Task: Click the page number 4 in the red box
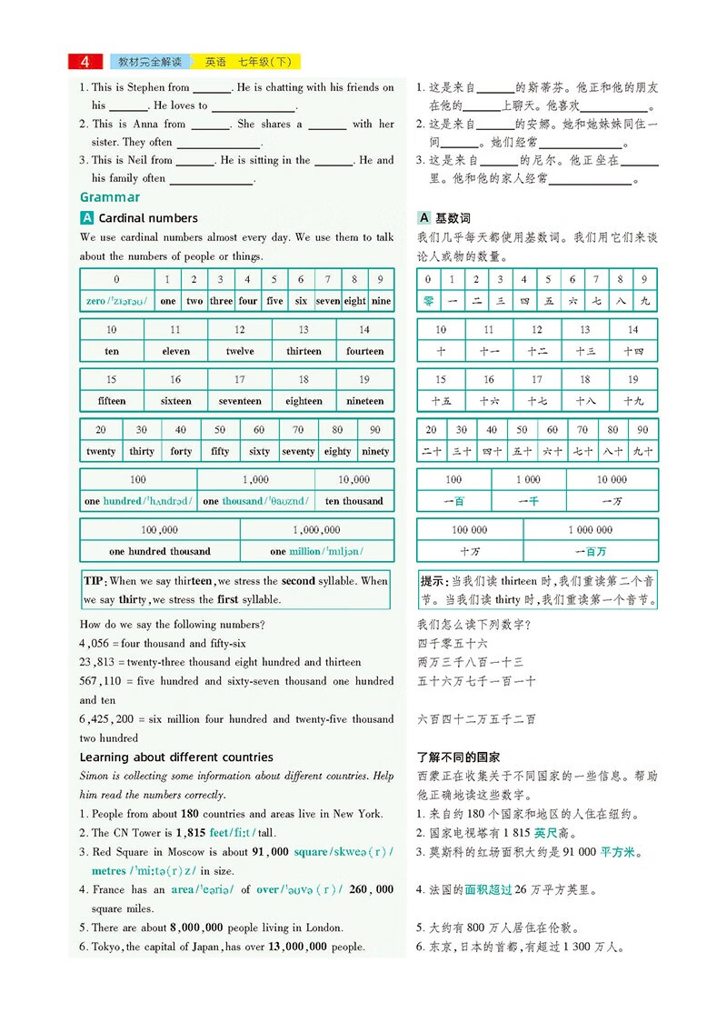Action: click(x=85, y=62)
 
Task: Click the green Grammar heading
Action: click(x=110, y=197)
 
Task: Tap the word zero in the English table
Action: click(x=95, y=301)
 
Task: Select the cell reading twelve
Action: click(x=239, y=351)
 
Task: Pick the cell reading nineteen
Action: click(x=364, y=401)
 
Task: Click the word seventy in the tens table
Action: click(x=298, y=451)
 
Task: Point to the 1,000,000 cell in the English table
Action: click(x=316, y=530)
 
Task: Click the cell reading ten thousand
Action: click(x=354, y=501)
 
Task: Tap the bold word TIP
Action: click(x=94, y=581)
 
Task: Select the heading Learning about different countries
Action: click(x=176, y=757)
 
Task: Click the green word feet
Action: click(x=219, y=833)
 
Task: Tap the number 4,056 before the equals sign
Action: click(x=95, y=644)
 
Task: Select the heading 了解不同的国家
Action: click(x=458, y=757)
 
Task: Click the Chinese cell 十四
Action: click(x=632, y=351)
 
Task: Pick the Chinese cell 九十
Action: click(x=643, y=451)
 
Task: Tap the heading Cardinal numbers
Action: click(x=148, y=218)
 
